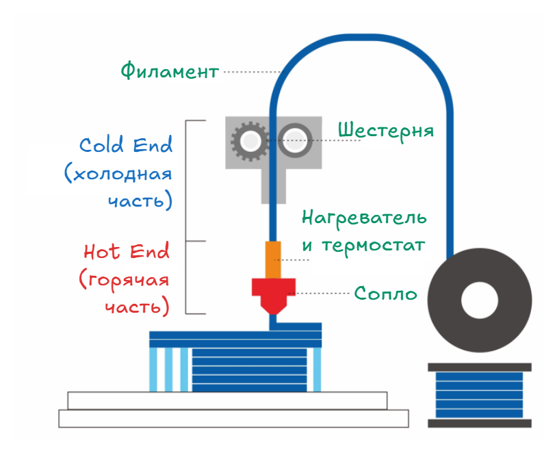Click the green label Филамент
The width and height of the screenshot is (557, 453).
[x=170, y=70]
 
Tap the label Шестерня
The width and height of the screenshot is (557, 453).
[x=386, y=131]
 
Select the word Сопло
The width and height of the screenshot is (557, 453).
[x=386, y=294]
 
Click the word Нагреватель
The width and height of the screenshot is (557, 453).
[x=364, y=218]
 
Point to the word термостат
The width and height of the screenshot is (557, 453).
[x=374, y=246]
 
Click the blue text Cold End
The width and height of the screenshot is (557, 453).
[x=126, y=144]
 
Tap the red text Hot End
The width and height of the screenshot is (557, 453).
[x=127, y=251]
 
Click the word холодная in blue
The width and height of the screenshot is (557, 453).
[x=122, y=174]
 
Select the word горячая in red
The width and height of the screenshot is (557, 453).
[x=128, y=281]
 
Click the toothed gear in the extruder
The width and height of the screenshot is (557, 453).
[x=250, y=141]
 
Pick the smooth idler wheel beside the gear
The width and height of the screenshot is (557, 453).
[x=295, y=140]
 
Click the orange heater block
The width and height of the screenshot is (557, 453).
[x=273, y=260]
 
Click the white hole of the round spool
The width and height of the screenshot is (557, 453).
[x=480, y=300]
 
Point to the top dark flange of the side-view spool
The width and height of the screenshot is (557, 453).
[x=480, y=367]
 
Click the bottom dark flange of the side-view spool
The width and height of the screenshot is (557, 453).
[x=480, y=423]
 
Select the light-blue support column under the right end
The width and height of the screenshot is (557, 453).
[x=317, y=370]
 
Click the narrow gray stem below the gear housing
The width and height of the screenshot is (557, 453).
[x=274, y=186]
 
